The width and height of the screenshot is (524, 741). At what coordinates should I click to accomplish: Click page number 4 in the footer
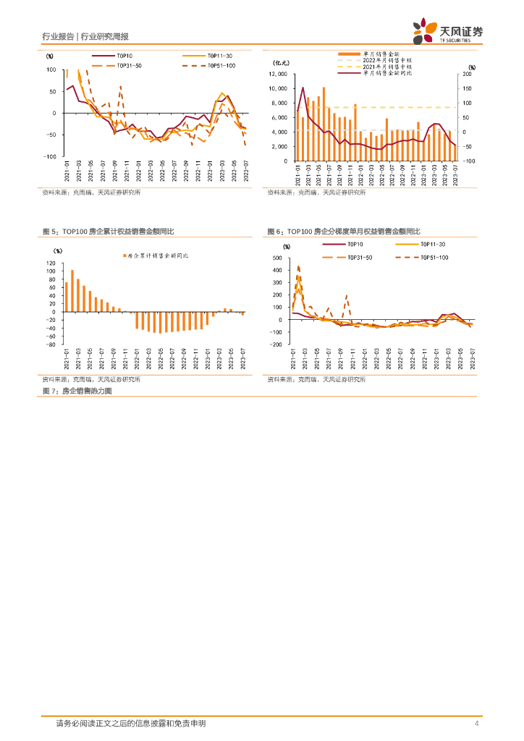click(x=476, y=723)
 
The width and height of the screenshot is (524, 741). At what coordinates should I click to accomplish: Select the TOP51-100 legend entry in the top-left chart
click(x=217, y=65)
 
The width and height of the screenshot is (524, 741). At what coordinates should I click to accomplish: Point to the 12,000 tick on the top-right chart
click(x=278, y=74)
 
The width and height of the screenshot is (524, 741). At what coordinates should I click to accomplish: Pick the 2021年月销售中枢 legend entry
click(x=390, y=67)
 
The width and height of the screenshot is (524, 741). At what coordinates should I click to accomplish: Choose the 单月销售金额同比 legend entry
click(x=392, y=73)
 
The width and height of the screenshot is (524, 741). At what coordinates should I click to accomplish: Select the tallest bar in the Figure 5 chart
click(x=72, y=291)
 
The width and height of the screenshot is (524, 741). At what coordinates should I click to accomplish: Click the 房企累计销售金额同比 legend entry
click(x=159, y=256)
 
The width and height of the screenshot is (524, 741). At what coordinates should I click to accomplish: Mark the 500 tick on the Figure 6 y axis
click(x=276, y=258)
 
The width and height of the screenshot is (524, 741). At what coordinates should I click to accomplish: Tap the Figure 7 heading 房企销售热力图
click(x=77, y=391)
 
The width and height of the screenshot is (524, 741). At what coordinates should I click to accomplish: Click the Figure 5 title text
click(x=108, y=231)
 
